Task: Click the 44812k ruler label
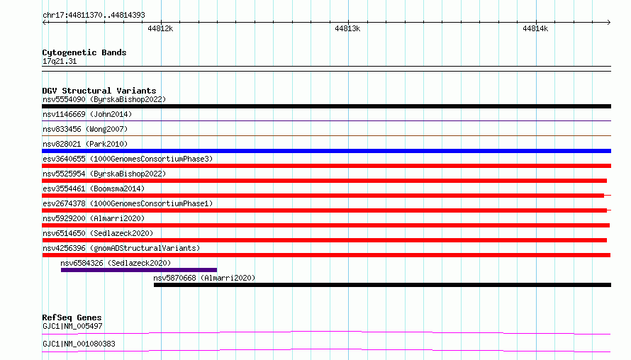pos(160,28)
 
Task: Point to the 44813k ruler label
pos(347,28)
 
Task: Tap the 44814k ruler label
pos(535,28)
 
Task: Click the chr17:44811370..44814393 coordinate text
pos(94,16)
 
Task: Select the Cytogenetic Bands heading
pos(84,52)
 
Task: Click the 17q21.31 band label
pos(60,61)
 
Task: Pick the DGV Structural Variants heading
pos(99,91)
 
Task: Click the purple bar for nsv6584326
pos(139,270)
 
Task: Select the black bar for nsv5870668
pos(382,285)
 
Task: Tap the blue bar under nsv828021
pos(326,151)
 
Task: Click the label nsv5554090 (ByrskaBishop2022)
pos(104,99)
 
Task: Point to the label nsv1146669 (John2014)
pos(87,114)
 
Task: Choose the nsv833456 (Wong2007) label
pos(85,129)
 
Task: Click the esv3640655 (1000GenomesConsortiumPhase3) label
pos(128,159)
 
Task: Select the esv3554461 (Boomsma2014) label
pos(94,189)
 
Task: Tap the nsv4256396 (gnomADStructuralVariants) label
pos(121,248)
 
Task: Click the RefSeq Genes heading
pos(72,317)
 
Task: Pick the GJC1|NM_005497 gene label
pos(72,326)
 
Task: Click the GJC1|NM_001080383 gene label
pos(79,344)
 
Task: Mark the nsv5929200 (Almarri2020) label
pos(94,218)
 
